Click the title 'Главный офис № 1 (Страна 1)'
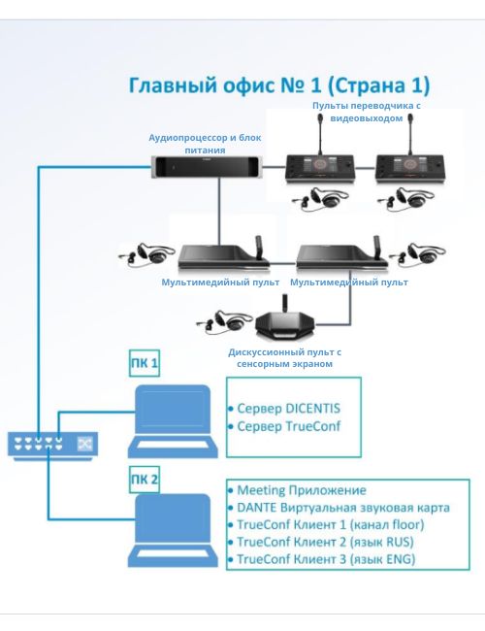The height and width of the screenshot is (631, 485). pyautogui.click(x=279, y=84)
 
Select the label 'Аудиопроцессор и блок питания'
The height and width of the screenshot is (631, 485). pyautogui.click(x=205, y=144)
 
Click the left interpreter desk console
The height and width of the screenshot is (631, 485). pyautogui.click(x=320, y=162)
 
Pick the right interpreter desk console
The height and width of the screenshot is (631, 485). pyautogui.click(x=410, y=162)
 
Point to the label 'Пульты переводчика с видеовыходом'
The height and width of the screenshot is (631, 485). pyautogui.click(x=367, y=112)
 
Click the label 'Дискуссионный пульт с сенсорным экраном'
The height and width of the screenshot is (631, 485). pyautogui.click(x=285, y=358)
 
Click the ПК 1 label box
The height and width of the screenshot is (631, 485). pyautogui.click(x=145, y=363)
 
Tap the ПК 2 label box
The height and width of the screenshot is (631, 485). pyautogui.click(x=145, y=479)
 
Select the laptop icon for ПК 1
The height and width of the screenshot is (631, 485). pyautogui.click(x=173, y=421)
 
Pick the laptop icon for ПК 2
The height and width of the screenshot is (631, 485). pyautogui.click(x=173, y=530)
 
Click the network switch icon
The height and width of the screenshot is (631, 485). pyautogui.click(x=52, y=445)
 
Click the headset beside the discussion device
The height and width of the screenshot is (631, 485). pyautogui.click(x=219, y=320)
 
